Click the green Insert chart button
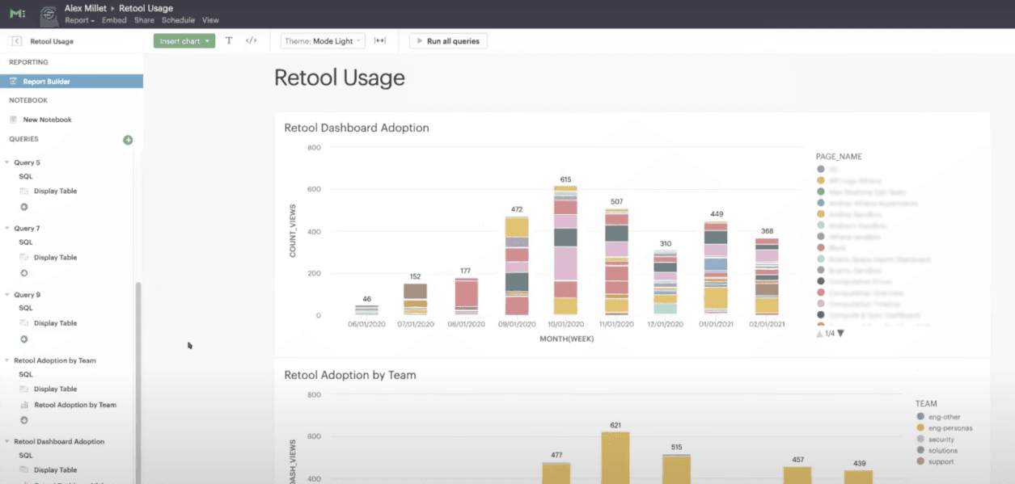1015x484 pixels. [x=184, y=40]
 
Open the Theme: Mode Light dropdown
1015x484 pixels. [x=323, y=40]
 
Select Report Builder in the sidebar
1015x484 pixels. [x=46, y=82]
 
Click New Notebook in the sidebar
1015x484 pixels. [x=47, y=120]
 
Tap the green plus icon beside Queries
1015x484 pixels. [x=128, y=140]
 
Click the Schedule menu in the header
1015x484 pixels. [x=178, y=20]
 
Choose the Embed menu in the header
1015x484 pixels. [x=114, y=20]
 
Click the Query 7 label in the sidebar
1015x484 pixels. [x=27, y=229]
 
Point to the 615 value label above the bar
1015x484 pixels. [x=565, y=179]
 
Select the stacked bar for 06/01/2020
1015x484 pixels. [x=366, y=309]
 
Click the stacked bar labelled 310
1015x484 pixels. [x=665, y=282]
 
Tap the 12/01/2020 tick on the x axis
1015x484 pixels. [x=665, y=325]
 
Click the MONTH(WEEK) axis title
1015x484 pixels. [x=566, y=339]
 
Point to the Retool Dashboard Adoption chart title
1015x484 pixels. [x=357, y=128]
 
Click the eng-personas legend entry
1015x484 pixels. [x=950, y=428]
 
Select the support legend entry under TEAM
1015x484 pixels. [x=941, y=462]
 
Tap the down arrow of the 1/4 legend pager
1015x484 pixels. [x=841, y=333]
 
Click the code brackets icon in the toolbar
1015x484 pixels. [x=251, y=40]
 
